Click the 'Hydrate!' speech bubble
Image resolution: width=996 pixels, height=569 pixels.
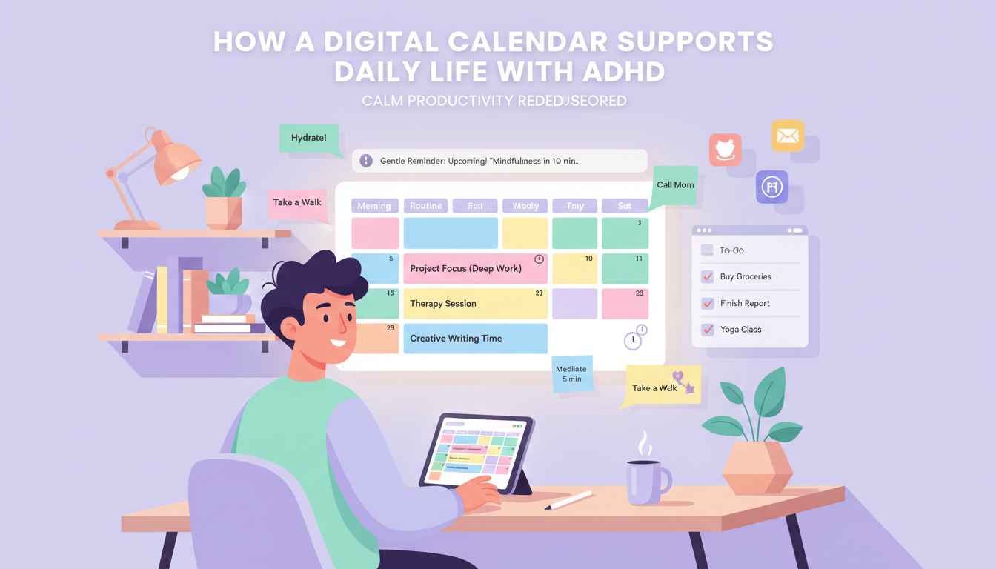[x=308, y=139]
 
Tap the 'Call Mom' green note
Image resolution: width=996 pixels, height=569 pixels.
[x=675, y=185]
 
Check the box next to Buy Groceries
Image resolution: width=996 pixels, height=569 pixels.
[x=707, y=277]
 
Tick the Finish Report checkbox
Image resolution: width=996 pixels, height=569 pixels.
[x=707, y=304]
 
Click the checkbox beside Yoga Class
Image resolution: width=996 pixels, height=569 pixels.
[x=707, y=330]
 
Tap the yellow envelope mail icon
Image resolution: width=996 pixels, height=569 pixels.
[x=787, y=136]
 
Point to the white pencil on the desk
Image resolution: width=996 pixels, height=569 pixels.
[x=569, y=500]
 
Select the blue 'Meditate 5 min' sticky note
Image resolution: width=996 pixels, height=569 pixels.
[x=571, y=374]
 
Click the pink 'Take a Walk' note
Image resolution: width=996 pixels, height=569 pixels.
[x=297, y=203]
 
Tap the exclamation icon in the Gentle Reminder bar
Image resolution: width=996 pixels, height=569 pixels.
[x=365, y=161]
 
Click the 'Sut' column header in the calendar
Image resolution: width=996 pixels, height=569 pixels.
[x=625, y=206]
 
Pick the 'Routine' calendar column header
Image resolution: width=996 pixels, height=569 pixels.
[x=426, y=206]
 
